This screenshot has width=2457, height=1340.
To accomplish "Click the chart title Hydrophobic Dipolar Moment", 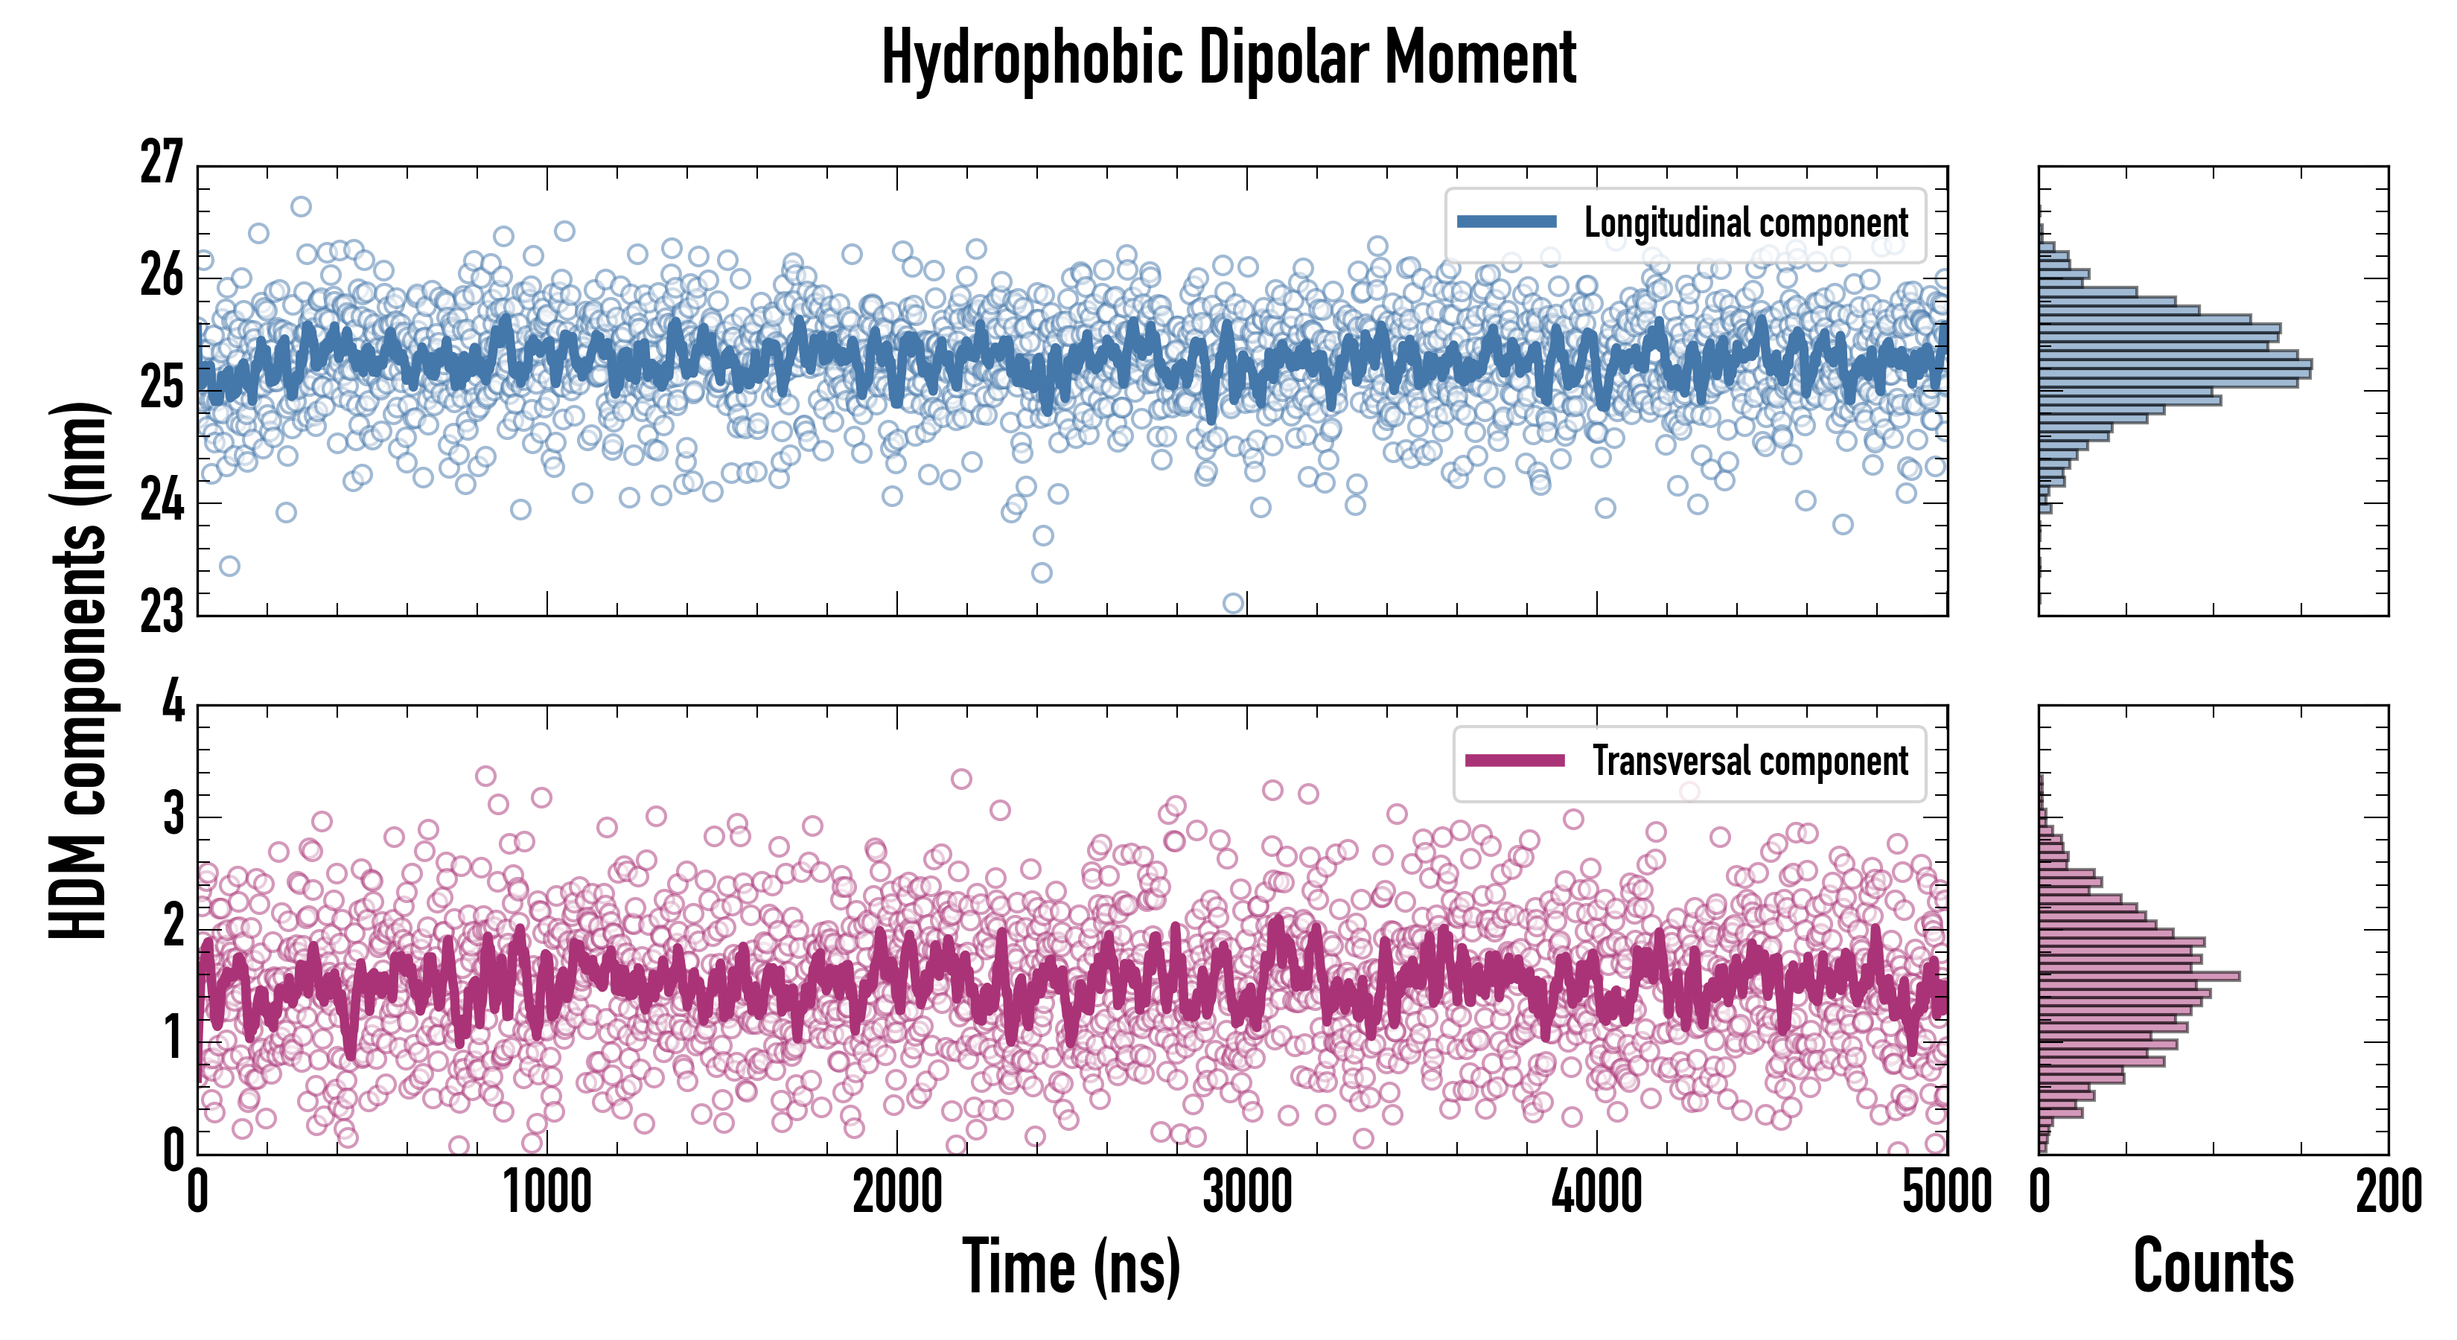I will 1228,59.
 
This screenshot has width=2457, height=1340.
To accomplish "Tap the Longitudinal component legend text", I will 1745,223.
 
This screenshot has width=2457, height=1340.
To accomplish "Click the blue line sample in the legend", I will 1507,223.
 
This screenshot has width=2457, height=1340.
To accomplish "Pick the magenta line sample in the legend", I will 1514,761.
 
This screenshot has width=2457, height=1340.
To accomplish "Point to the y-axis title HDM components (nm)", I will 81,668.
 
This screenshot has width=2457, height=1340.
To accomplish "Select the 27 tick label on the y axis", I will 160,163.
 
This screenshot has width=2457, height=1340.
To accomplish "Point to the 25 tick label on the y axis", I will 160,387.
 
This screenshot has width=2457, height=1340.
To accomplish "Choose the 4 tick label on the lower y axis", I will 173,703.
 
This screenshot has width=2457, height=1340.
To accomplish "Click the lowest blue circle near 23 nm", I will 1233,603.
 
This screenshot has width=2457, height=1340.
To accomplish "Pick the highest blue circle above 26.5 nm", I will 301,206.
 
